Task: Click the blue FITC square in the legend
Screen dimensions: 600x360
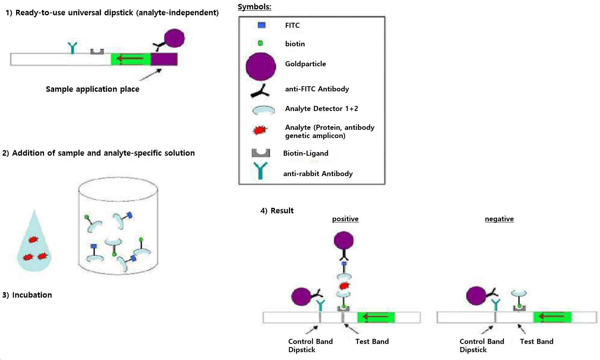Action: click(x=261, y=25)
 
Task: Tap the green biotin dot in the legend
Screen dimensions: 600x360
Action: click(x=260, y=43)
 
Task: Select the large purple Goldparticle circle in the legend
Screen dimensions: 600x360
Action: click(x=261, y=66)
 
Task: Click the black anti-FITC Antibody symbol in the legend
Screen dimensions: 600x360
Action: click(x=260, y=91)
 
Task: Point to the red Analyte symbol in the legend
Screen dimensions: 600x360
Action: click(x=259, y=130)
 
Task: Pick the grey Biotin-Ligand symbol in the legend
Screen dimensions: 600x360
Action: click(x=261, y=153)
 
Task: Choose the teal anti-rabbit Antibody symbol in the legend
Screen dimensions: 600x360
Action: click(x=260, y=171)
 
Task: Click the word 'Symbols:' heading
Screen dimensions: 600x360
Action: click(x=254, y=7)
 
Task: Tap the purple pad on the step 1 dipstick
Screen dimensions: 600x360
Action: click(x=164, y=59)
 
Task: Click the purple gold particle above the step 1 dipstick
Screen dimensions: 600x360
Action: click(x=174, y=38)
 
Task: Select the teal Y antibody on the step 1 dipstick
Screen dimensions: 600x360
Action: click(x=72, y=48)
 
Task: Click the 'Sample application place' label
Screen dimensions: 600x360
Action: click(x=92, y=89)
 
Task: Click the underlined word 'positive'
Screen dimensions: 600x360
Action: click(x=345, y=219)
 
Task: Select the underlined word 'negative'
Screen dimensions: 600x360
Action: click(x=499, y=219)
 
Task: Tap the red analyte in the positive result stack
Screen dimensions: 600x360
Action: click(x=344, y=285)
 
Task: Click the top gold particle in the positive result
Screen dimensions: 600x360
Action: click(x=344, y=240)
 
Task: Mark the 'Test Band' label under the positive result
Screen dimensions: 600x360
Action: click(x=372, y=342)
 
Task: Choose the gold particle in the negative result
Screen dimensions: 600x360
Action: click(x=476, y=296)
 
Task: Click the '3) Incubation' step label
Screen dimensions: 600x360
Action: click(x=27, y=295)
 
